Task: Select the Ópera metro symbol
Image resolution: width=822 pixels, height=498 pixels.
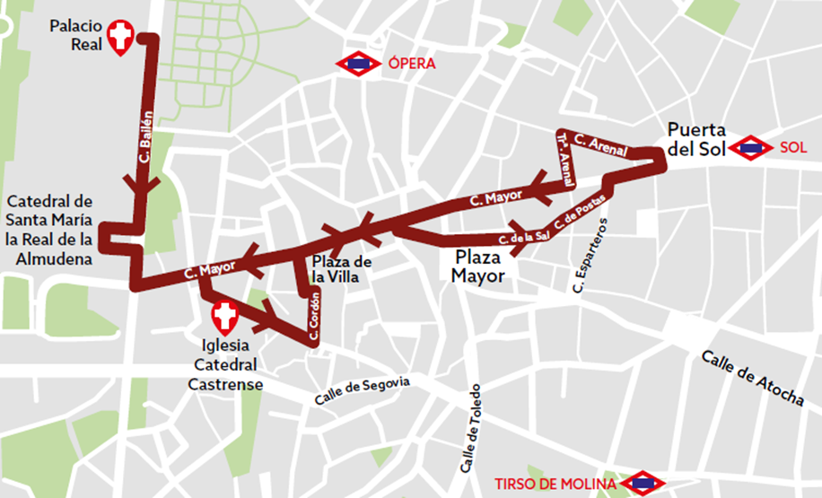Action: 359,64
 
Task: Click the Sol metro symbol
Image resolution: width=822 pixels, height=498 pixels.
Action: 751,148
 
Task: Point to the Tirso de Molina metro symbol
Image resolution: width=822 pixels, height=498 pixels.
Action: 643,484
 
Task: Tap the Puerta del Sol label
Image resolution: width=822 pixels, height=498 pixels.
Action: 696,140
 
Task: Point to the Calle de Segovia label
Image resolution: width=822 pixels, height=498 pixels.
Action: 362,390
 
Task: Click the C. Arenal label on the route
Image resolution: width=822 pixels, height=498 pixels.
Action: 600,146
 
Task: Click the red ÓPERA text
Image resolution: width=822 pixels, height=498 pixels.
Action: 412,64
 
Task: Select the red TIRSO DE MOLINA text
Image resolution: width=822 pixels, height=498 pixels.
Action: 555,484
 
